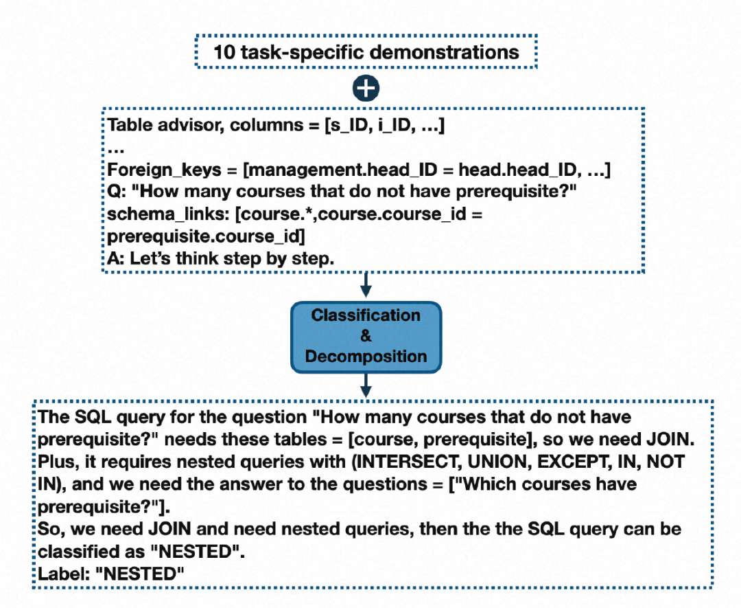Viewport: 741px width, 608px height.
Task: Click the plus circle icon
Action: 366,88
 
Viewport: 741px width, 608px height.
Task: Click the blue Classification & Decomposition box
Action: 366,337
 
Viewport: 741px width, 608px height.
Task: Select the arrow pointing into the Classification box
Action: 366,283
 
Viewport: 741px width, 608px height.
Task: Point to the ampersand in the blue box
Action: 366,336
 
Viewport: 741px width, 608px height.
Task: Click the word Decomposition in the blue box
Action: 366,357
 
